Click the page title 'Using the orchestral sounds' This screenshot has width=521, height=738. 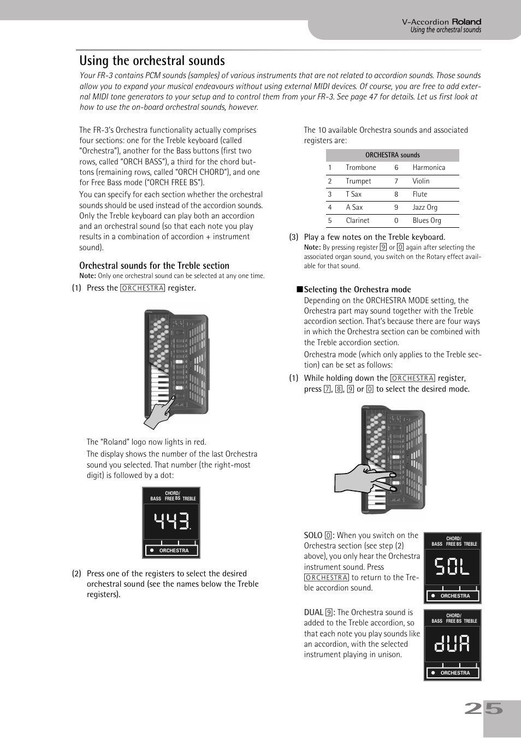point(152,61)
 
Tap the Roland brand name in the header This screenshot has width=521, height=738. point(466,22)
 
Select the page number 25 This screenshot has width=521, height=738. point(483,709)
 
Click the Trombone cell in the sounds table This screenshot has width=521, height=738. point(360,168)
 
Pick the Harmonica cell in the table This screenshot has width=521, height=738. point(428,168)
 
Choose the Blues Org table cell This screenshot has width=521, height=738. point(427,221)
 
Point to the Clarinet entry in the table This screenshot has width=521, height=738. point(357,221)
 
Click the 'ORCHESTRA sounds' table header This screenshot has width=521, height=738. point(392,155)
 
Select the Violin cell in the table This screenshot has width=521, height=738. point(421,181)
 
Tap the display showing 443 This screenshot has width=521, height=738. point(171,522)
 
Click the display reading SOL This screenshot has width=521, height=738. point(452,566)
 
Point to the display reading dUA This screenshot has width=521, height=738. point(452,643)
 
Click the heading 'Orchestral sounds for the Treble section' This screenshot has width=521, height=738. point(154,265)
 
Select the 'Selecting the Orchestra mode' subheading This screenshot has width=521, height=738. point(357,290)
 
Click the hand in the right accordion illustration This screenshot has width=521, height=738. point(363,480)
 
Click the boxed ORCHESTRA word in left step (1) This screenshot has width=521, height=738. point(143,288)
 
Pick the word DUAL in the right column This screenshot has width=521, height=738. point(313,612)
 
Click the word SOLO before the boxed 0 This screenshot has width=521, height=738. point(313,535)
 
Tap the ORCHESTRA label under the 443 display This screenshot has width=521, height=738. point(174,551)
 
